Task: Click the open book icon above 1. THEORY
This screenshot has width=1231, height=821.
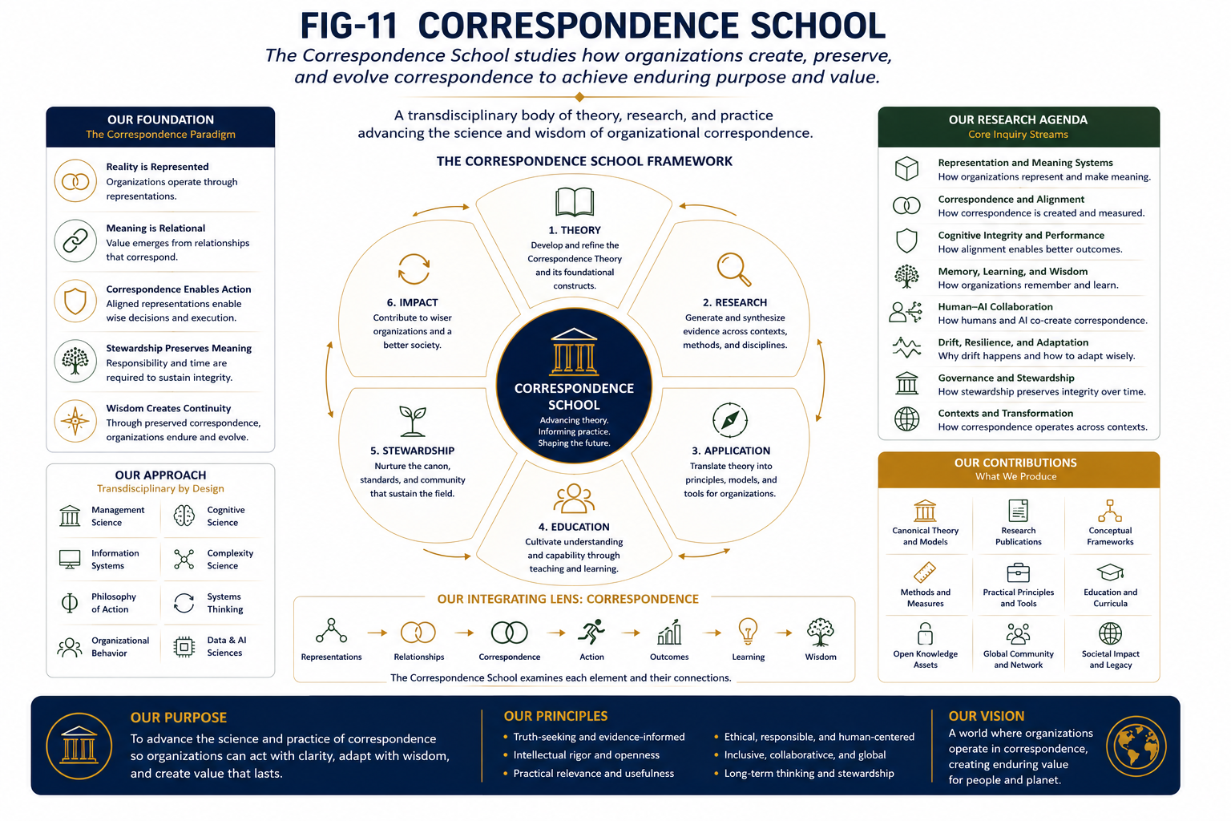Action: point(575,202)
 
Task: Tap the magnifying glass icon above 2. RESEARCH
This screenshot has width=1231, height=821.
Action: point(733,269)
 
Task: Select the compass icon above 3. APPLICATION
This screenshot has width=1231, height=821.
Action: point(730,420)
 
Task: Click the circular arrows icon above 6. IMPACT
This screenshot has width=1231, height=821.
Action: point(414,269)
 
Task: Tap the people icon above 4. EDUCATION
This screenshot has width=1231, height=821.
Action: point(574,498)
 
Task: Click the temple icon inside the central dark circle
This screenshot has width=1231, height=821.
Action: point(574,352)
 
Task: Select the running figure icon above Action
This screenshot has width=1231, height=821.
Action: point(591,631)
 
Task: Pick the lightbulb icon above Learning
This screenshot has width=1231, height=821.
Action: point(748,631)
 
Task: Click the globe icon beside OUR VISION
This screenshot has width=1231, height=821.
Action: point(1136,746)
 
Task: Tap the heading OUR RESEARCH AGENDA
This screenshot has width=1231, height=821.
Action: point(1018,120)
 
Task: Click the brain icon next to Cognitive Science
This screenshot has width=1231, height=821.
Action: point(184,516)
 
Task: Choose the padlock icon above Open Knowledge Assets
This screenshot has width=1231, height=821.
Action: point(925,633)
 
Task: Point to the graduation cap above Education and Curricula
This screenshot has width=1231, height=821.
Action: point(1110,572)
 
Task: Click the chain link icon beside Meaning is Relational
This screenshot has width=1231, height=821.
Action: point(75,241)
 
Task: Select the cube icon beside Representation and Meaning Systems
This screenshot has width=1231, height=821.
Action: point(906,169)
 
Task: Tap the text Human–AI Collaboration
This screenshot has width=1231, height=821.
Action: point(995,307)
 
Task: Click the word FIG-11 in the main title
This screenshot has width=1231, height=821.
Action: point(349,26)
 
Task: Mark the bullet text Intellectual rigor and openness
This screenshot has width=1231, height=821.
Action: point(586,755)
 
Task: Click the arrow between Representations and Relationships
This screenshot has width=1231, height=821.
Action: point(377,633)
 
